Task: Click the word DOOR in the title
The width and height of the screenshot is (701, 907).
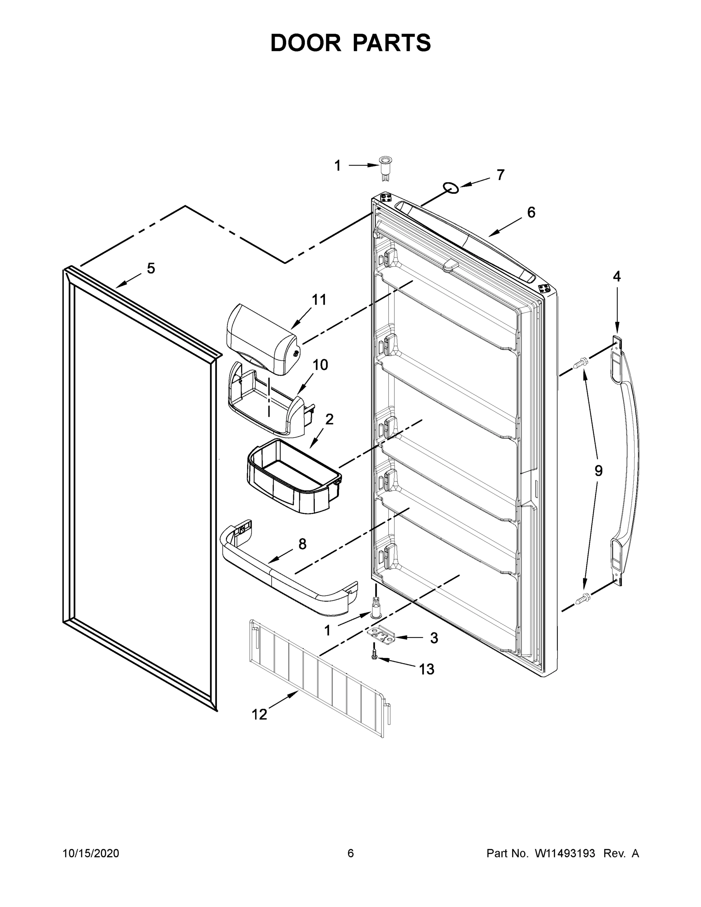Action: pyautogui.click(x=306, y=43)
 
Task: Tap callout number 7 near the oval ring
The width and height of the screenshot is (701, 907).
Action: pyautogui.click(x=501, y=175)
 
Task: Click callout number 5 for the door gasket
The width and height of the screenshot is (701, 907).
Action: pyautogui.click(x=151, y=268)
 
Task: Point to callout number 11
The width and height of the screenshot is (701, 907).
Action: pyautogui.click(x=319, y=299)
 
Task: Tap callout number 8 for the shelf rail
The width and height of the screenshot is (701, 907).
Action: pyautogui.click(x=302, y=543)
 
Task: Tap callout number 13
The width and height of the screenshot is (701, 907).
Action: pyautogui.click(x=427, y=669)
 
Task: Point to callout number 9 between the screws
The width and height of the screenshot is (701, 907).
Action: pyautogui.click(x=598, y=471)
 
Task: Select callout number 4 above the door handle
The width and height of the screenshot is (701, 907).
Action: pyautogui.click(x=617, y=276)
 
